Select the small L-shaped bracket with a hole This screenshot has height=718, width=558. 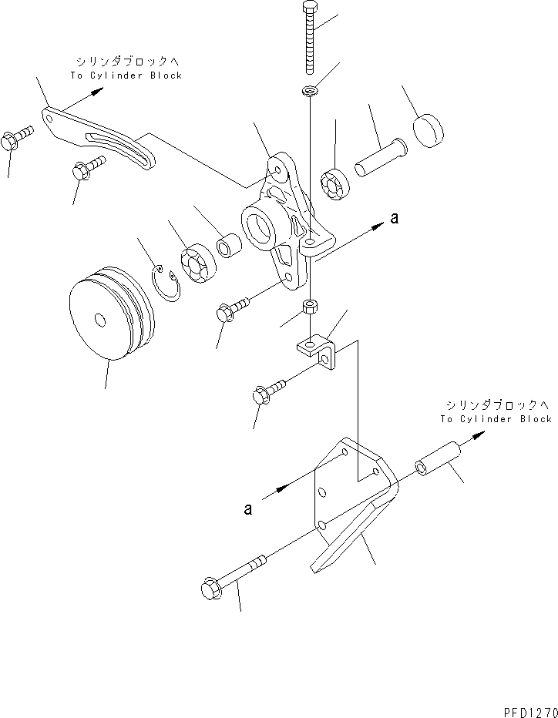pos(319,351)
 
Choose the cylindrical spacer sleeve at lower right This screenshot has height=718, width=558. pos(436,458)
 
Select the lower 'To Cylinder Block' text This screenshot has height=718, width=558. pos(496,419)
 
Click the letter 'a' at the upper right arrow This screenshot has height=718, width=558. pos(395,219)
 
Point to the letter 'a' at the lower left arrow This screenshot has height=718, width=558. pos(247,509)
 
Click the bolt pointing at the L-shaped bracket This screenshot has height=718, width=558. pos(268,390)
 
